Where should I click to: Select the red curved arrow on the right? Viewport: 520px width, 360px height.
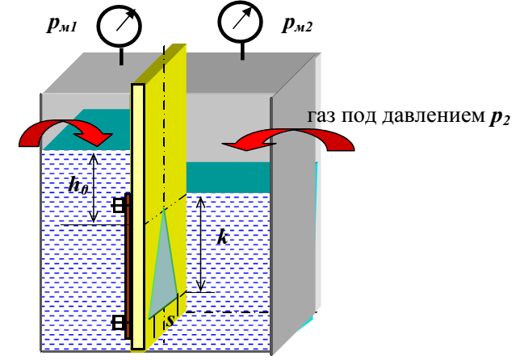tap(290, 139)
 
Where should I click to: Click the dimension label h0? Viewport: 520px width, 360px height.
tap(78, 186)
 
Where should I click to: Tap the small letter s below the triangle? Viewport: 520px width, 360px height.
tap(170, 320)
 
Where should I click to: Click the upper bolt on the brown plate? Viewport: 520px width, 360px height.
tap(120, 205)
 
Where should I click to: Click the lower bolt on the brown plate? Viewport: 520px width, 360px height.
tap(120, 323)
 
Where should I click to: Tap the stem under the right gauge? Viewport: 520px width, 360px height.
tap(241, 50)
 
